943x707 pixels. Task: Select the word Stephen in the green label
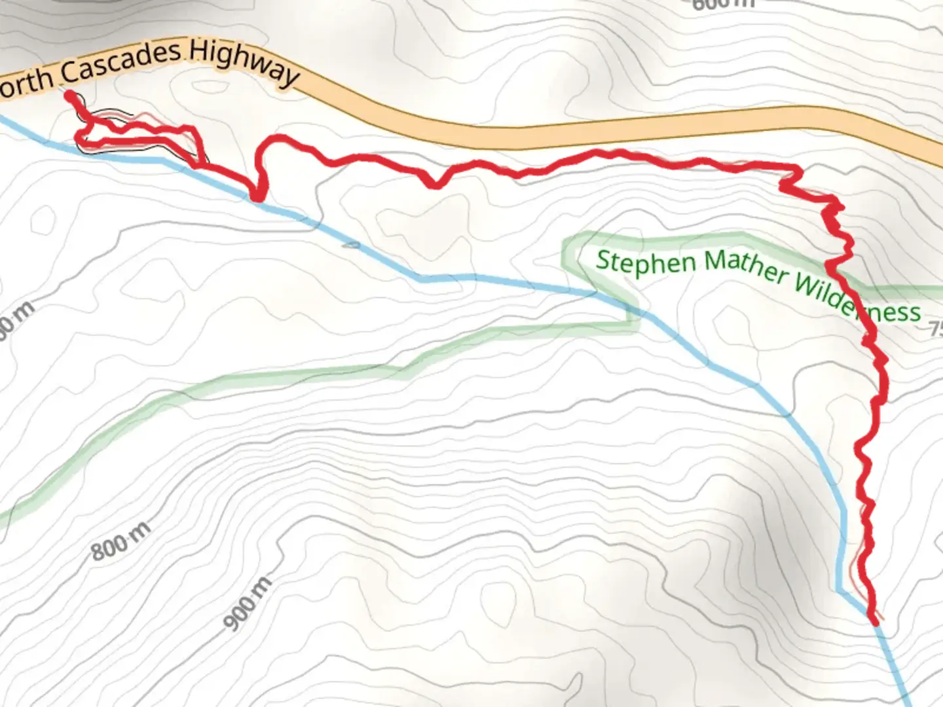646,263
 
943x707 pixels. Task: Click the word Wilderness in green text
858,300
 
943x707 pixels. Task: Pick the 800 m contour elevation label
120,541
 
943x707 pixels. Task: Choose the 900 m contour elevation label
248,605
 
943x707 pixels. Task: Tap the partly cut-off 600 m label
723,4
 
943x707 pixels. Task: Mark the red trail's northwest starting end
69,95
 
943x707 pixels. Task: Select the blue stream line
511,281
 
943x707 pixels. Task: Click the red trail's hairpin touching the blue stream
259,196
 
